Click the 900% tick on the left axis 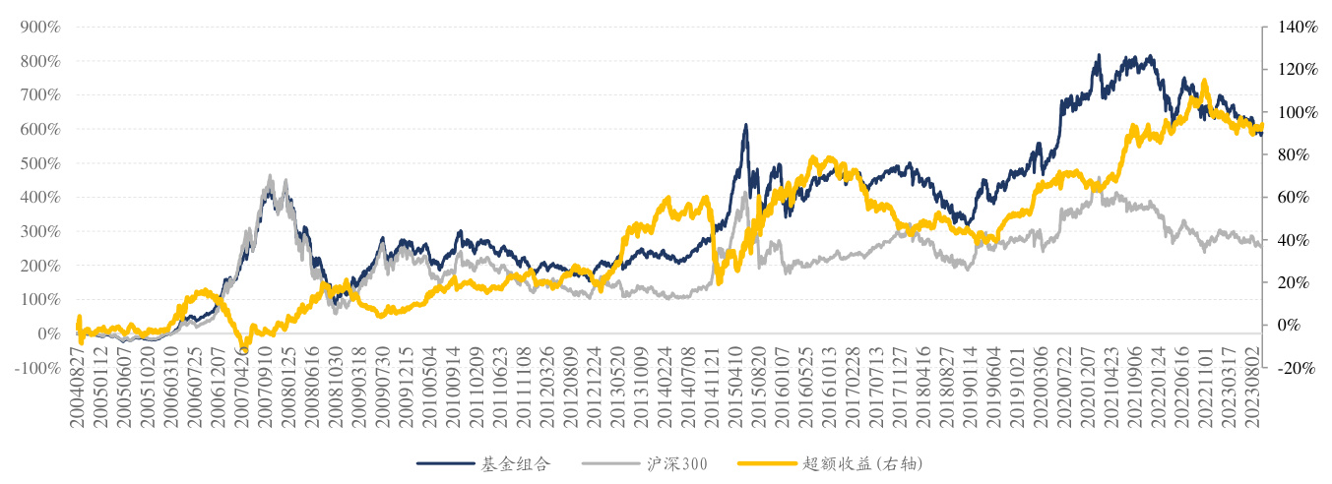click(40, 28)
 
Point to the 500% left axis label click(40, 163)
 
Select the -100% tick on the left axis click(37, 368)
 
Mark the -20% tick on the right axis click(1295, 368)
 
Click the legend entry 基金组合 click(508, 462)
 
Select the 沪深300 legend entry click(672, 462)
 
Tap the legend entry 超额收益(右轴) click(861, 462)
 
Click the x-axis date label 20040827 click(77, 386)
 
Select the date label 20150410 click(736, 386)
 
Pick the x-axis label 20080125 click(287, 386)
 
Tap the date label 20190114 click(970, 386)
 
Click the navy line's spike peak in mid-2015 click(745, 125)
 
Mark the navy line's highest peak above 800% click(1099, 56)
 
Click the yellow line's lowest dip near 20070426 click(244, 347)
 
